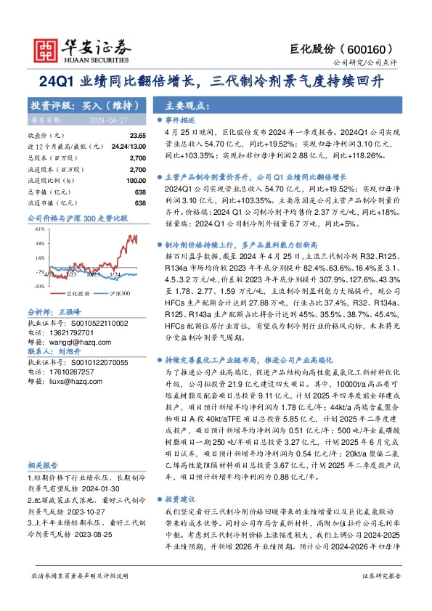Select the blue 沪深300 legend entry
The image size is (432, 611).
point(116,293)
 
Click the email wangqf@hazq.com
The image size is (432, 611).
point(70,338)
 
